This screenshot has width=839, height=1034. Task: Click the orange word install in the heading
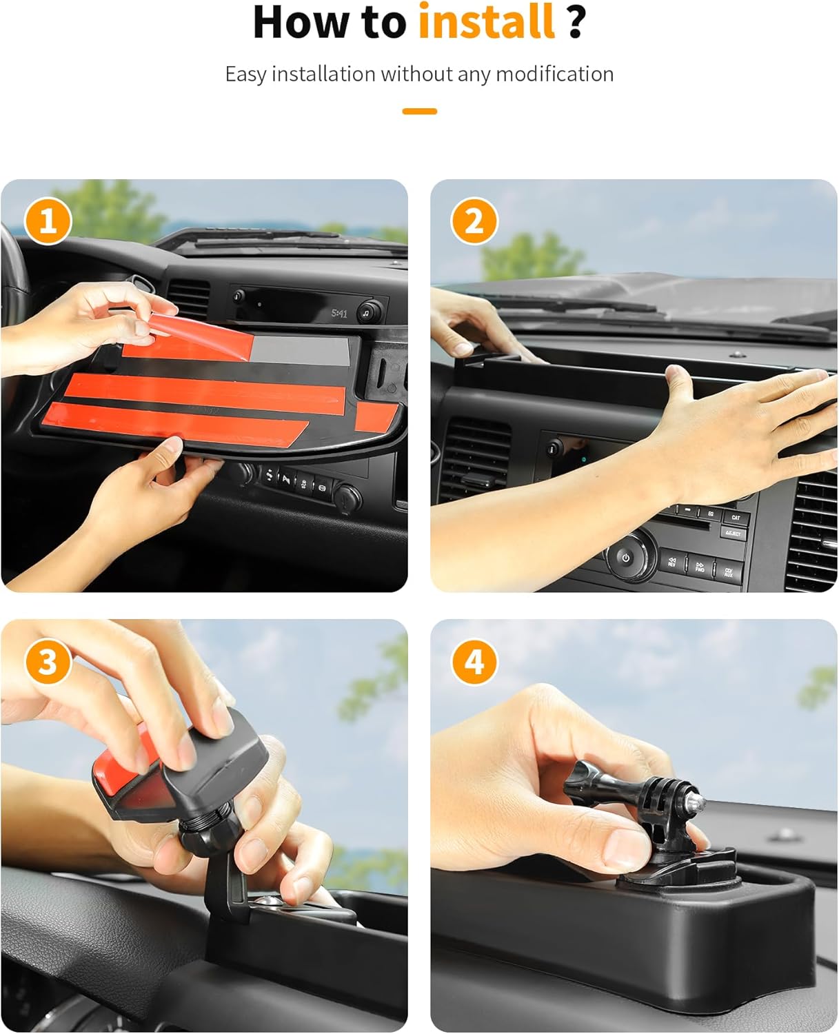(486, 22)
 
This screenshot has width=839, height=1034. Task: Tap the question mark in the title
(576, 22)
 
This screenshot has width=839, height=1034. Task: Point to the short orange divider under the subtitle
(419, 111)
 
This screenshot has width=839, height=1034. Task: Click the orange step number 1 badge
(48, 221)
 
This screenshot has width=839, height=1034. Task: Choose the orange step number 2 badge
(474, 221)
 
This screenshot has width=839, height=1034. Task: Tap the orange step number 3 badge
(48, 662)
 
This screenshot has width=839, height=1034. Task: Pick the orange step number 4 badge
(474, 662)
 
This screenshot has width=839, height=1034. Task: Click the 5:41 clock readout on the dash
(339, 314)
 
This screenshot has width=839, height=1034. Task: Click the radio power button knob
(626, 558)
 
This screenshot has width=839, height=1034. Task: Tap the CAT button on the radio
(736, 517)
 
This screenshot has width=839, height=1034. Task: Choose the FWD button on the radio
(699, 567)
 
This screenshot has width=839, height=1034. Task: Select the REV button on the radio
(671, 562)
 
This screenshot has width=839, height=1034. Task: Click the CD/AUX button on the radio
(728, 572)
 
